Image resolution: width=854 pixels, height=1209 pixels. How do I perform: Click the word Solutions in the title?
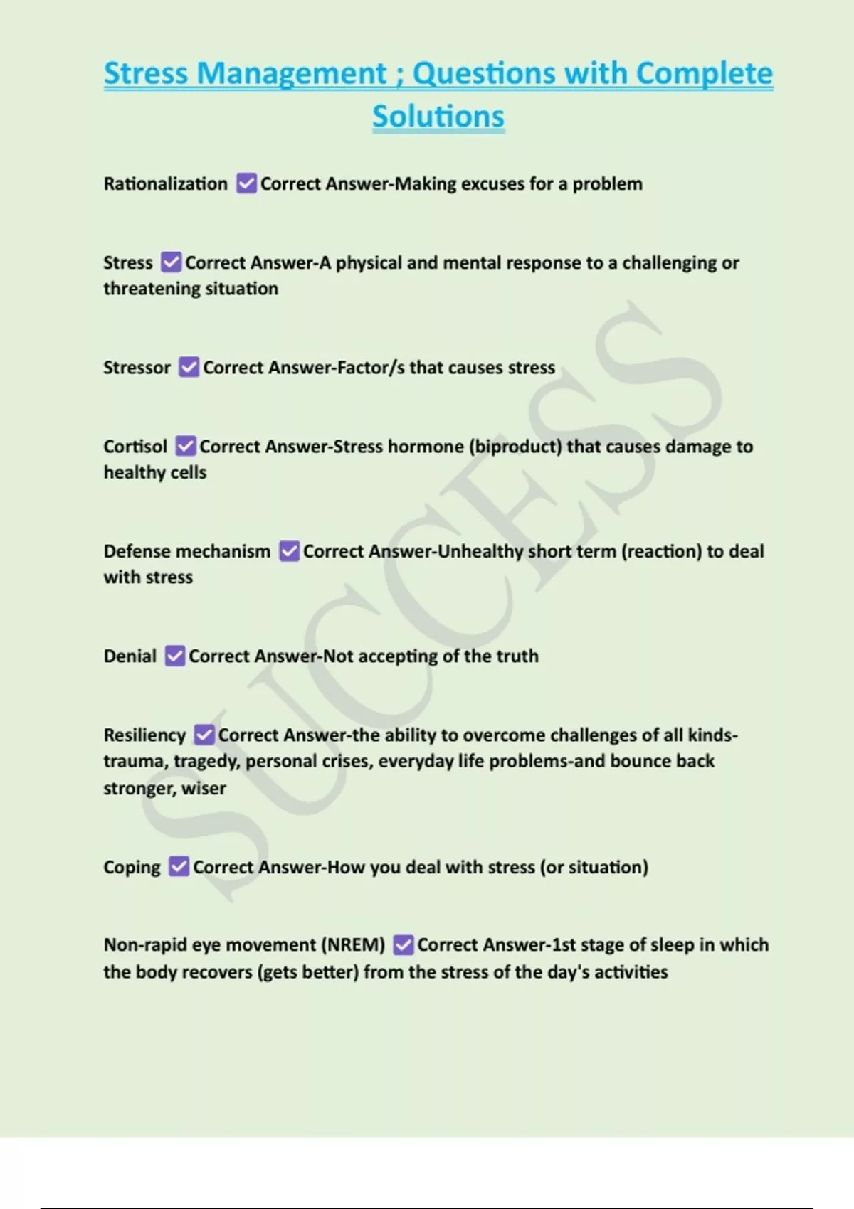click(438, 117)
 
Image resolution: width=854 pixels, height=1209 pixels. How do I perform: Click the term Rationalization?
click(165, 183)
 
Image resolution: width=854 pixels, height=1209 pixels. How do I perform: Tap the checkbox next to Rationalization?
click(246, 183)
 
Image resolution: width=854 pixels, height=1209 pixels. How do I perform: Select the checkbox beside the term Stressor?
click(189, 367)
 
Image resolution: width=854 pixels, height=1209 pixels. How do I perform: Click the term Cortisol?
click(135, 447)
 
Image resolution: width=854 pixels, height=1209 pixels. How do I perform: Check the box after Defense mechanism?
click(289, 551)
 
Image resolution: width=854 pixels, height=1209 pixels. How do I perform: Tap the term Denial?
click(130, 656)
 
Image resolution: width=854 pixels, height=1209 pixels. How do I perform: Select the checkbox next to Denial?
click(174, 656)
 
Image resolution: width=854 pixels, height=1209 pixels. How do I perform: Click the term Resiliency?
click(144, 735)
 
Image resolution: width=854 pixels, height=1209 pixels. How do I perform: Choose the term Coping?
click(132, 868)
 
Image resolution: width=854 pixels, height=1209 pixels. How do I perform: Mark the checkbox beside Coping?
click(179, 867)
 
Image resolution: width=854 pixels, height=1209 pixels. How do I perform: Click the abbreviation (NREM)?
click(353, 945)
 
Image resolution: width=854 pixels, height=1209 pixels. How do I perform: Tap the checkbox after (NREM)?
click(403, 945)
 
